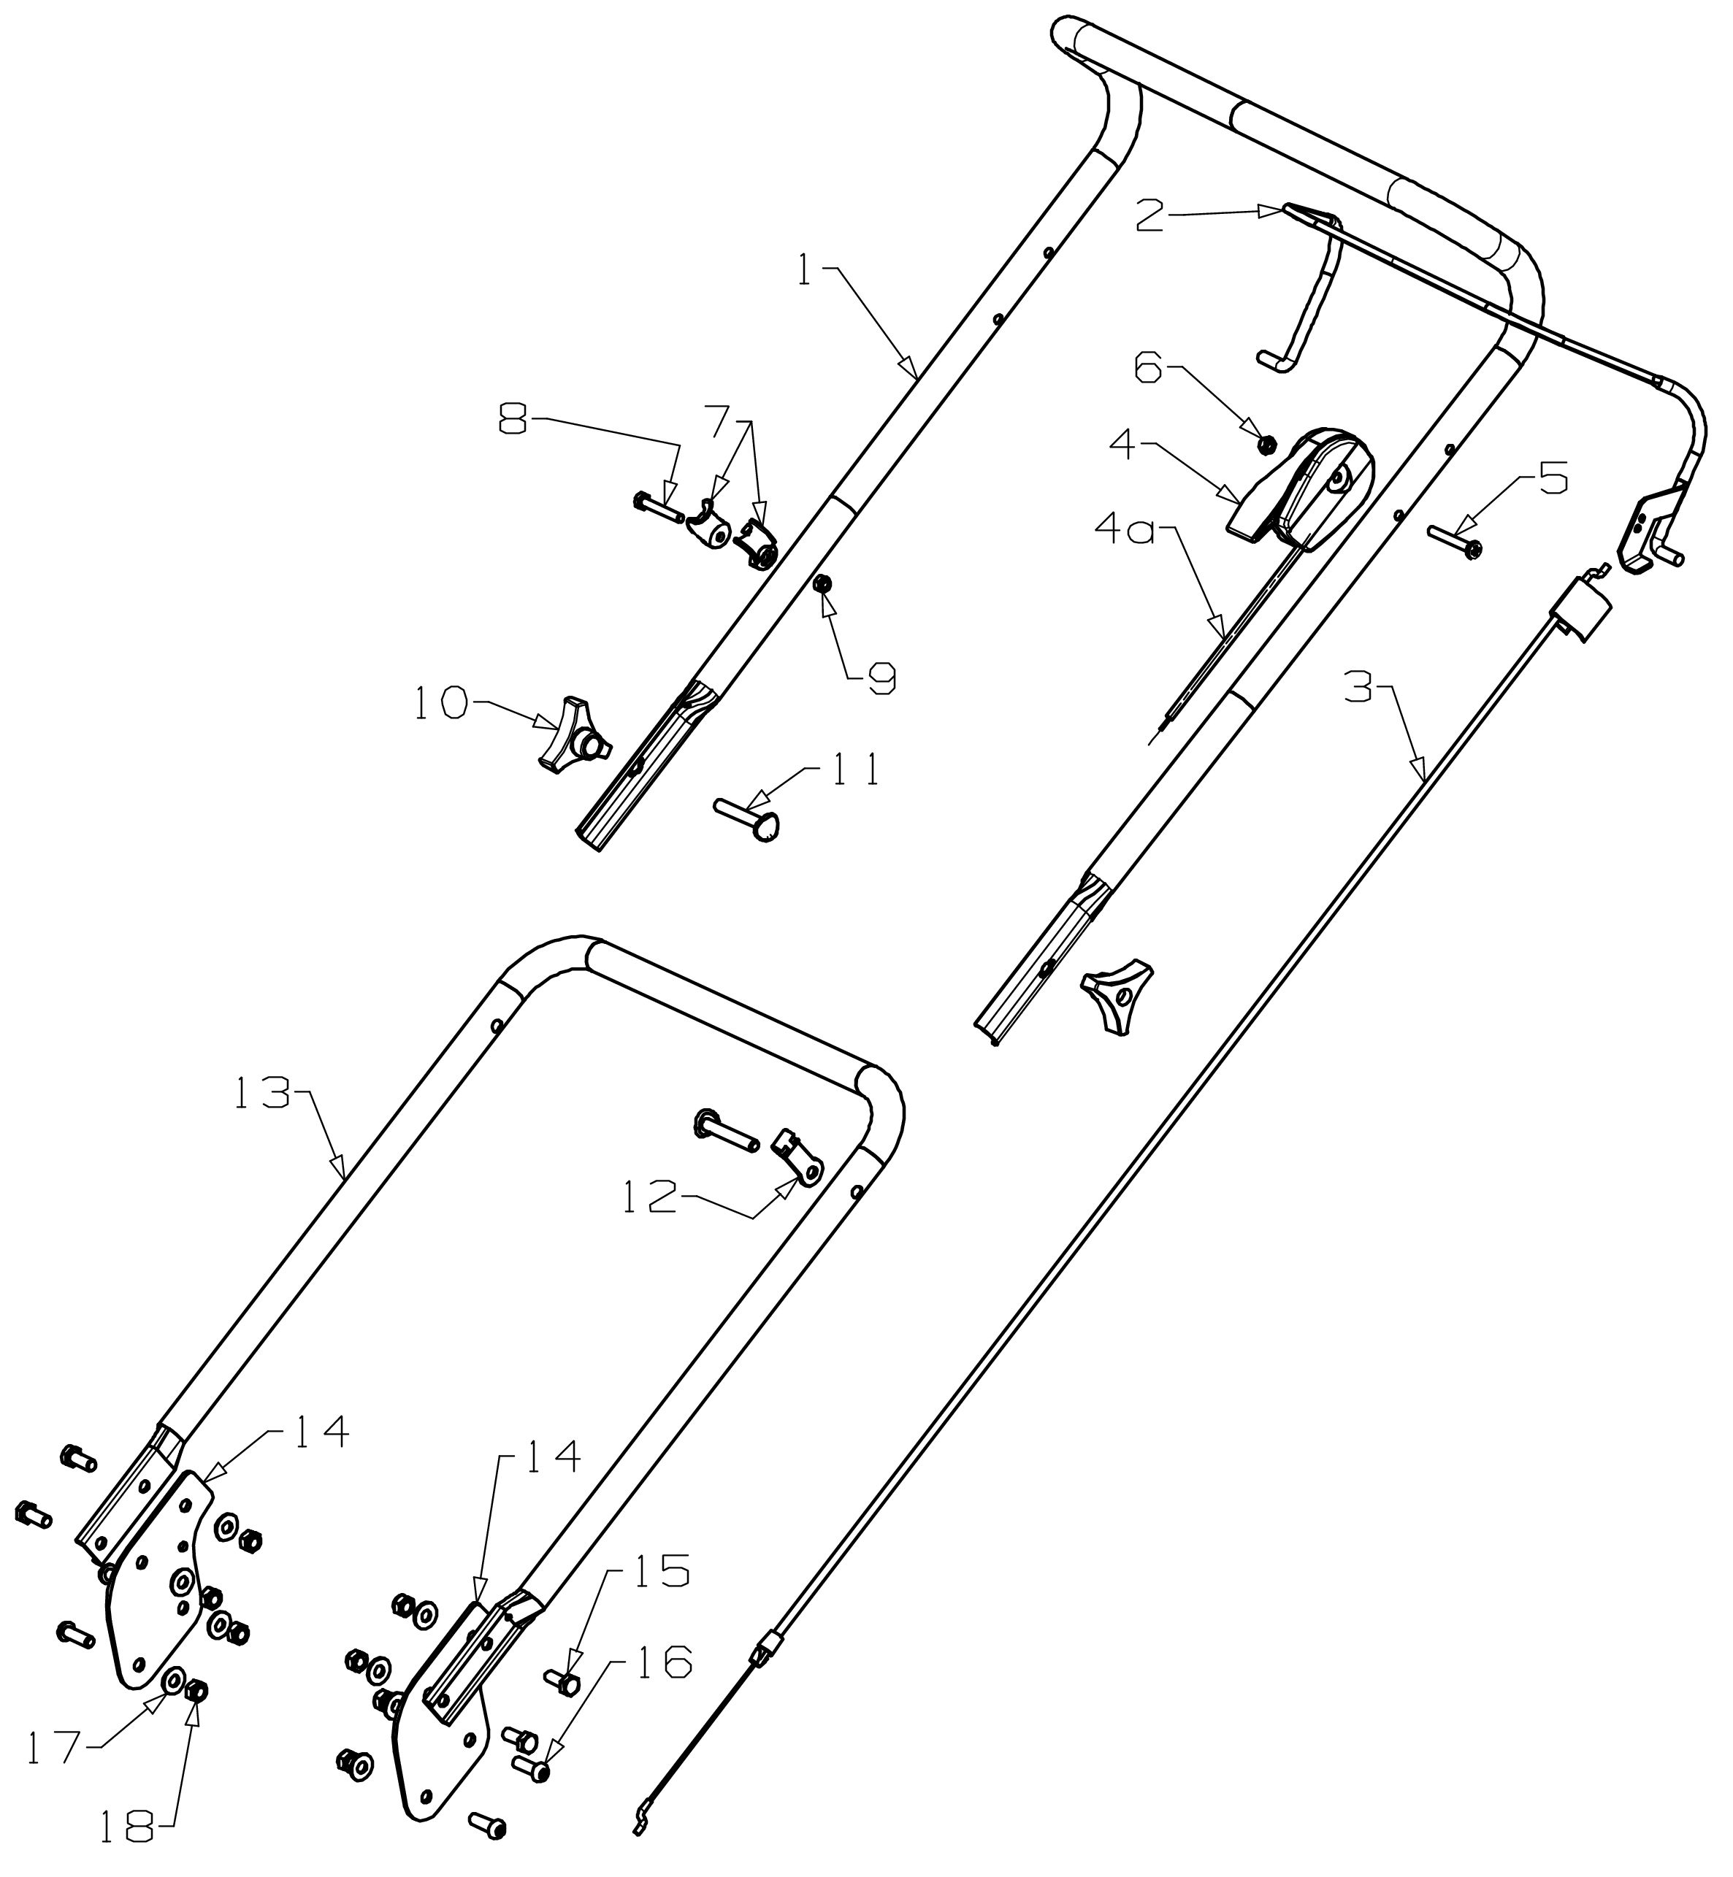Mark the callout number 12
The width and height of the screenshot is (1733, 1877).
point(649,1200)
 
